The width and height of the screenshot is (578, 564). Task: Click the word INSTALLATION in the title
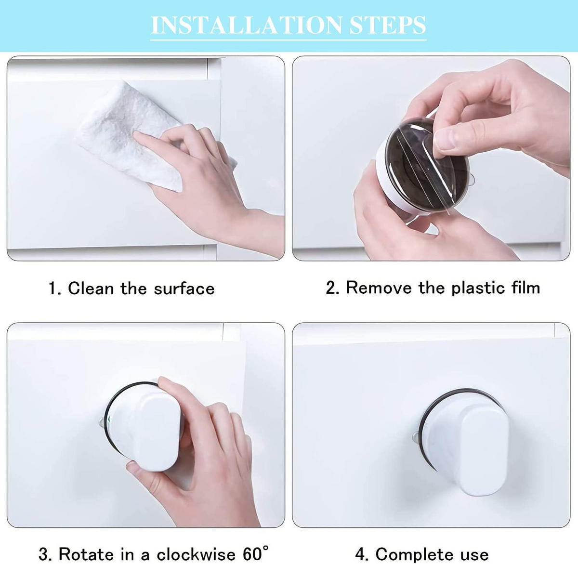tap(247, 25)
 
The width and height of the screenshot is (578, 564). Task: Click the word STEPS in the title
tap(388, 25)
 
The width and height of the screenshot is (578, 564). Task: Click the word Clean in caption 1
tap(91, 288)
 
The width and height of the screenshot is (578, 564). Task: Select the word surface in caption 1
tap(184, 289)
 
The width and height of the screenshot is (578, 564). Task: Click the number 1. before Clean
tap(55, 288)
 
